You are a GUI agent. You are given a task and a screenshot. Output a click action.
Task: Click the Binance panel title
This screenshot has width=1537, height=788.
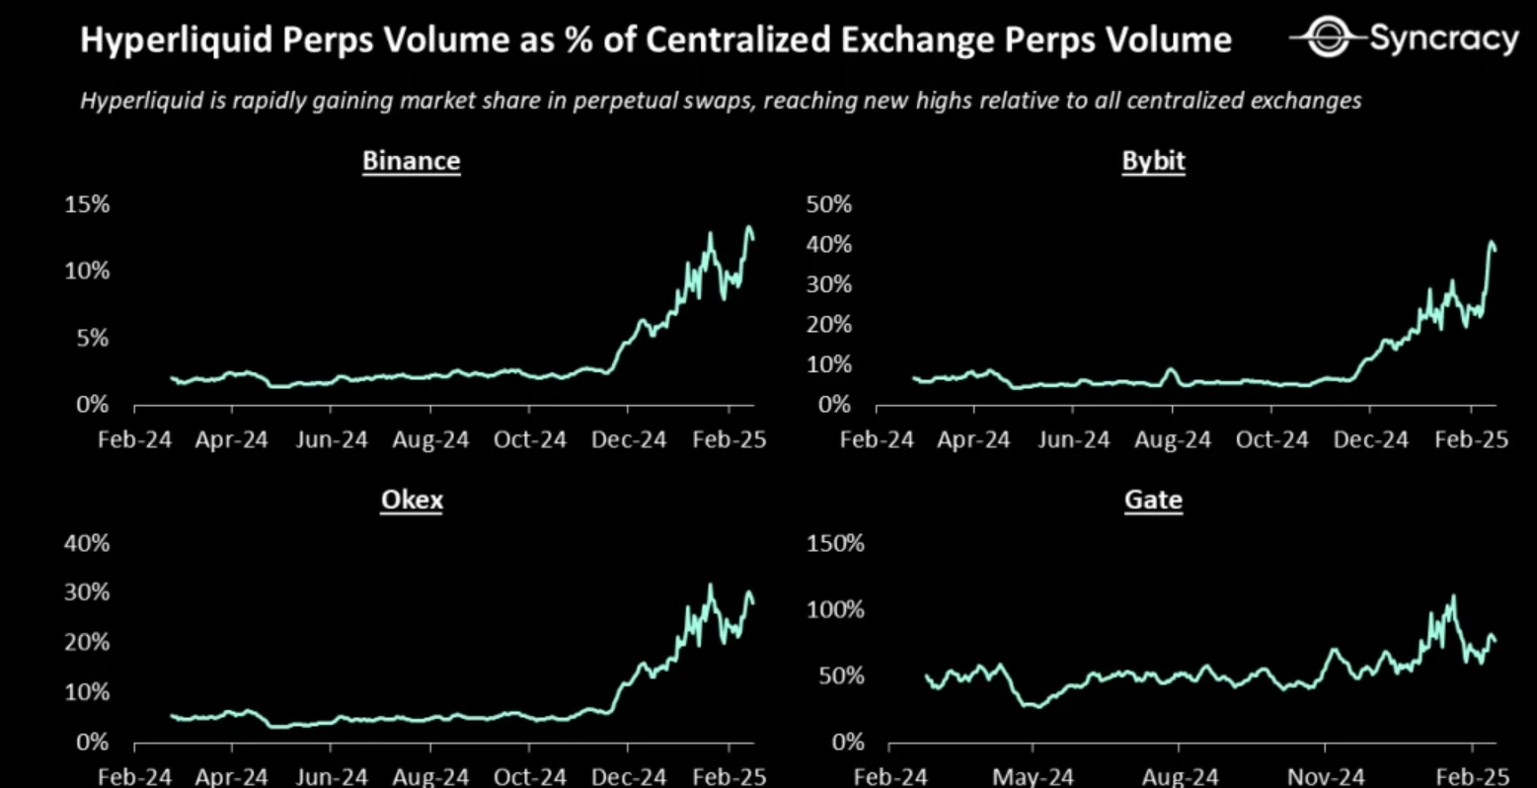point(411,161)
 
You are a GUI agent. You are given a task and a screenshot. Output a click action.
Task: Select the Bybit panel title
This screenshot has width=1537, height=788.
point(1153,161)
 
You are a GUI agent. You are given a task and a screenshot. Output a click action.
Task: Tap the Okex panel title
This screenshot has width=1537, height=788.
point(412,500)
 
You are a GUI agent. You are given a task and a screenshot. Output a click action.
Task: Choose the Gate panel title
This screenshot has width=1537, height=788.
point(1153,500)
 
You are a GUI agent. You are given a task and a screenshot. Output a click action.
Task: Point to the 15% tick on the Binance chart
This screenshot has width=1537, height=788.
point(87,204)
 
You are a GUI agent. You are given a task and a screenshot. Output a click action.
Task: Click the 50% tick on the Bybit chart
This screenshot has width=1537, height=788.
point(828,204)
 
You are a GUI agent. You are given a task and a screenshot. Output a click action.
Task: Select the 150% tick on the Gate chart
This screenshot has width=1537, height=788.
point(835,543)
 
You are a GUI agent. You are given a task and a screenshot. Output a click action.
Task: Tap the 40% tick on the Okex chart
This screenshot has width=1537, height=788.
point(87,543)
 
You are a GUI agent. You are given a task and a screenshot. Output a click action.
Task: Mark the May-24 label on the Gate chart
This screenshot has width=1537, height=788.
point(1033,777)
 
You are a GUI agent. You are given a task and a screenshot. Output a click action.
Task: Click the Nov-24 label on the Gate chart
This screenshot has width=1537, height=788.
point(1327,777)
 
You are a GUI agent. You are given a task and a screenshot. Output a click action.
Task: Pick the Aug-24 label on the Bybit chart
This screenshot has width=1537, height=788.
point(1172,439)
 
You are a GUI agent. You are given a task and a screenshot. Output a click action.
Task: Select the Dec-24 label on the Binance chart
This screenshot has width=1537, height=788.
point(629,439)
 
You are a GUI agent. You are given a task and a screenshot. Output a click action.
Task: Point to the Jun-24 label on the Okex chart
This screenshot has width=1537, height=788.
point(331,777)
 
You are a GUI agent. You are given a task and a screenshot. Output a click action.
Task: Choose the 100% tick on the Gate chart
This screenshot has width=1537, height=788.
point(835,609)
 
